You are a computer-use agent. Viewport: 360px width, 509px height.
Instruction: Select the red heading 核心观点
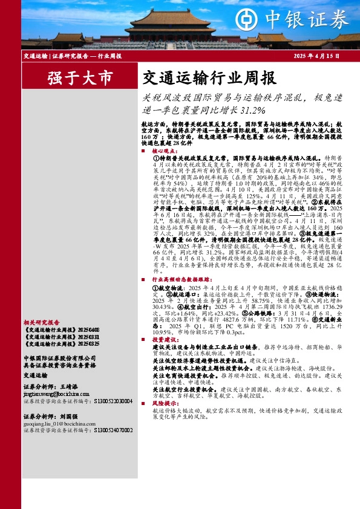point(165,151)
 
